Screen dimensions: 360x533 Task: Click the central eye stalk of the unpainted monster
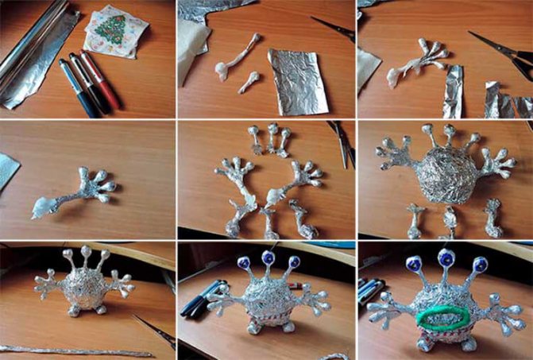point(84,261)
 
